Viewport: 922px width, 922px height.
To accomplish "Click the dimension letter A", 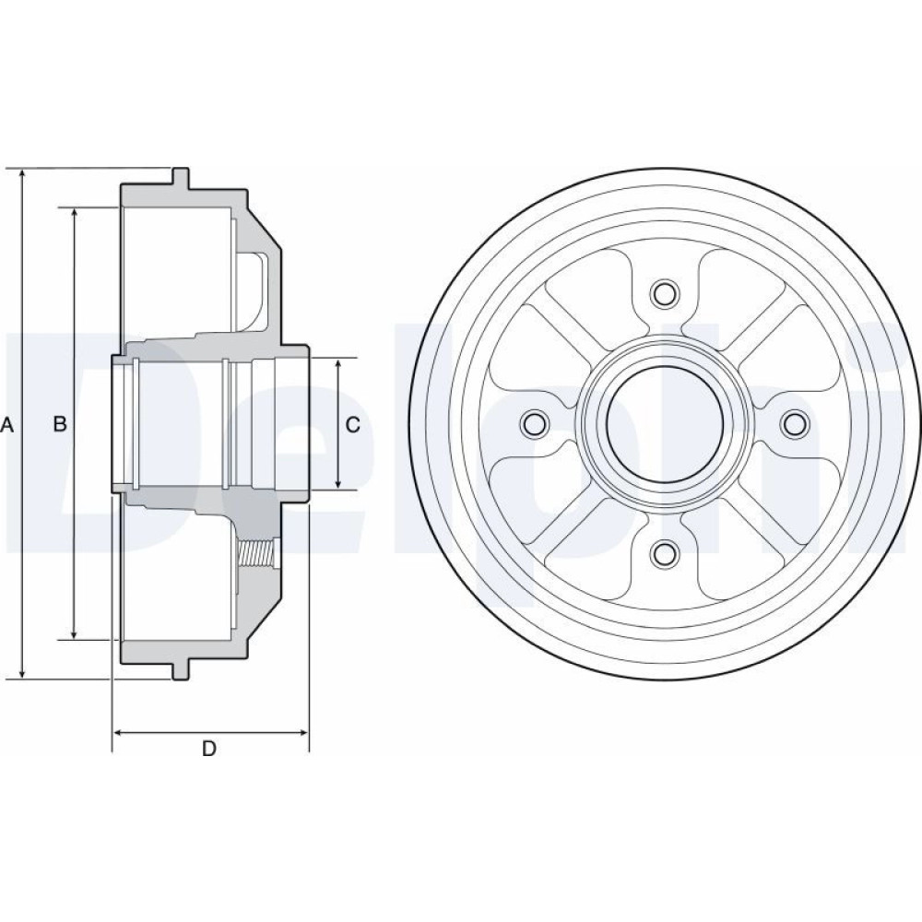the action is click(x=6, y=424).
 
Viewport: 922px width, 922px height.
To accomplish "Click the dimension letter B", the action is click(x=60, y=423).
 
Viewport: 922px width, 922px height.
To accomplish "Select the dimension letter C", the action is click(x=353, y=424).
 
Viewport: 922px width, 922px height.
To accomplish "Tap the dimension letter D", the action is click(x=209, y=749).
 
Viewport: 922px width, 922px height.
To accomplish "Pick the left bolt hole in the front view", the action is click(x=534, y=423).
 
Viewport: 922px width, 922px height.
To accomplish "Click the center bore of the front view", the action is click(x=664, y=423).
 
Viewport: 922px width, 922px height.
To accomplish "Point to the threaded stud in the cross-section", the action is click(x=257, y=553).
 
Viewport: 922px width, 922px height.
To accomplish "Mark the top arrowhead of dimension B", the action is click(x=74, y=215).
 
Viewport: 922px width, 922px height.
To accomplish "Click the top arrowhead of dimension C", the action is click(x=338, y=364).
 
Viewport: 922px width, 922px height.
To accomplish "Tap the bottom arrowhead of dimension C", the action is click(x=338, y=481).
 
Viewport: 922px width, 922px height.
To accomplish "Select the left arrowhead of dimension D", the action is click(x=119, y=733).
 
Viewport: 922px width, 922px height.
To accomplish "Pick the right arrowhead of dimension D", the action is click(x=301, y=733).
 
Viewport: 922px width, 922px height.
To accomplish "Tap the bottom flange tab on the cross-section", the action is click(x=181, y=671).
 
